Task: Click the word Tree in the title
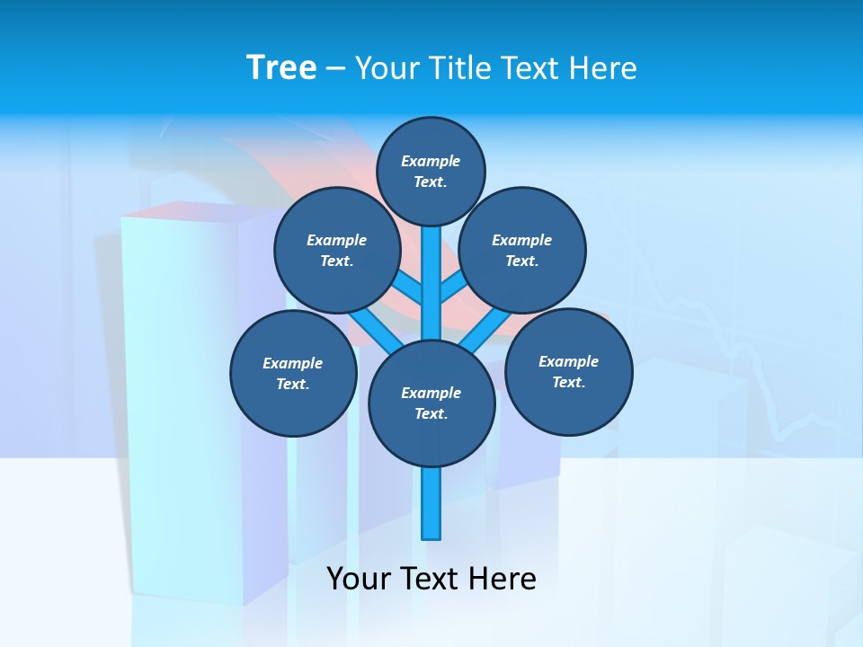[281, 68]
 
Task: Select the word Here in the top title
[604, 68]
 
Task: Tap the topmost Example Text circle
[431, 171]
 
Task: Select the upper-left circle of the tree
[337, 250]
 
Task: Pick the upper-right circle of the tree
[522, 250]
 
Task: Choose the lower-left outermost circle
[293, 373]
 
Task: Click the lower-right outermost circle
[568, 371]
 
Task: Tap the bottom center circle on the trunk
[431, 403]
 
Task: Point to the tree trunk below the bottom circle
[431, 503]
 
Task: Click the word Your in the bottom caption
[357, 579]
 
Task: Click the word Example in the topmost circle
[431, 161]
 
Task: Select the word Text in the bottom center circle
[431, 414]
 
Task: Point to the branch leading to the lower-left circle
[370, 327]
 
